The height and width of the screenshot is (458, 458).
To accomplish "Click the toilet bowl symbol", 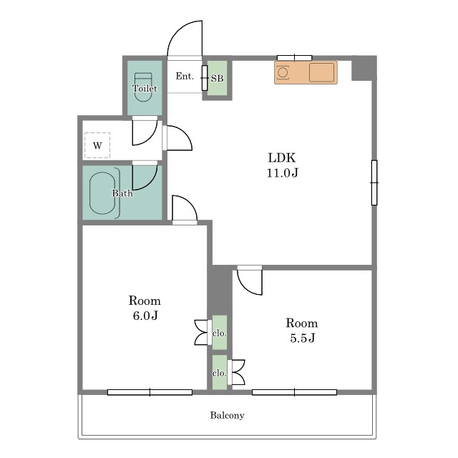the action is tap(143, 87).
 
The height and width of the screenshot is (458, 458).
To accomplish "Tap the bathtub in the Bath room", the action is tap(102, 193).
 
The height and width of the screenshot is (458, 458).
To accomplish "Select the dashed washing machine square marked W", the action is tap(97, 145).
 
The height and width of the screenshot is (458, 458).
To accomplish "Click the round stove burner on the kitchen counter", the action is tap(282, 72).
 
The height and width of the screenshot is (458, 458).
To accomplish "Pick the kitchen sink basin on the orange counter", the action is tap(321, 72).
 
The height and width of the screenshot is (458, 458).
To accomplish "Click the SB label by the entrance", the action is tap(217, 78).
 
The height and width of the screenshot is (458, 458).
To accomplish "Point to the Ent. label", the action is tap(185, 77).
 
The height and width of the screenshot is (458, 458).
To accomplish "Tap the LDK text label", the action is tap(282, 157).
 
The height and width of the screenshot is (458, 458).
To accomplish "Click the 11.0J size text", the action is tap(283, 172).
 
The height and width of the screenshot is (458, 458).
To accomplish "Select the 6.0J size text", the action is tap(145, 316).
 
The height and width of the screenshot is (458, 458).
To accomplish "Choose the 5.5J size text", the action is tap(303, 338).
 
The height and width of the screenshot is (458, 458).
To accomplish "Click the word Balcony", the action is tap(228, 415).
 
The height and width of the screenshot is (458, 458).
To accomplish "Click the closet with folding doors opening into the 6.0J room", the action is tap(220, 332).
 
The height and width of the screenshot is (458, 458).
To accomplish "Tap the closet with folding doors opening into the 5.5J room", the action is tap(220, 372).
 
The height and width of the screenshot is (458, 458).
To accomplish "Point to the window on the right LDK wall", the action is tap(374, 182).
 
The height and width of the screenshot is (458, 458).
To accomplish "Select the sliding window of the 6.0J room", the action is tap(150, 392).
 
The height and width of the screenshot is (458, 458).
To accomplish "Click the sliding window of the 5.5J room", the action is tap(294, 392).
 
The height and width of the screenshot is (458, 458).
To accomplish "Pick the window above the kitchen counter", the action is tap(294, 58).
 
